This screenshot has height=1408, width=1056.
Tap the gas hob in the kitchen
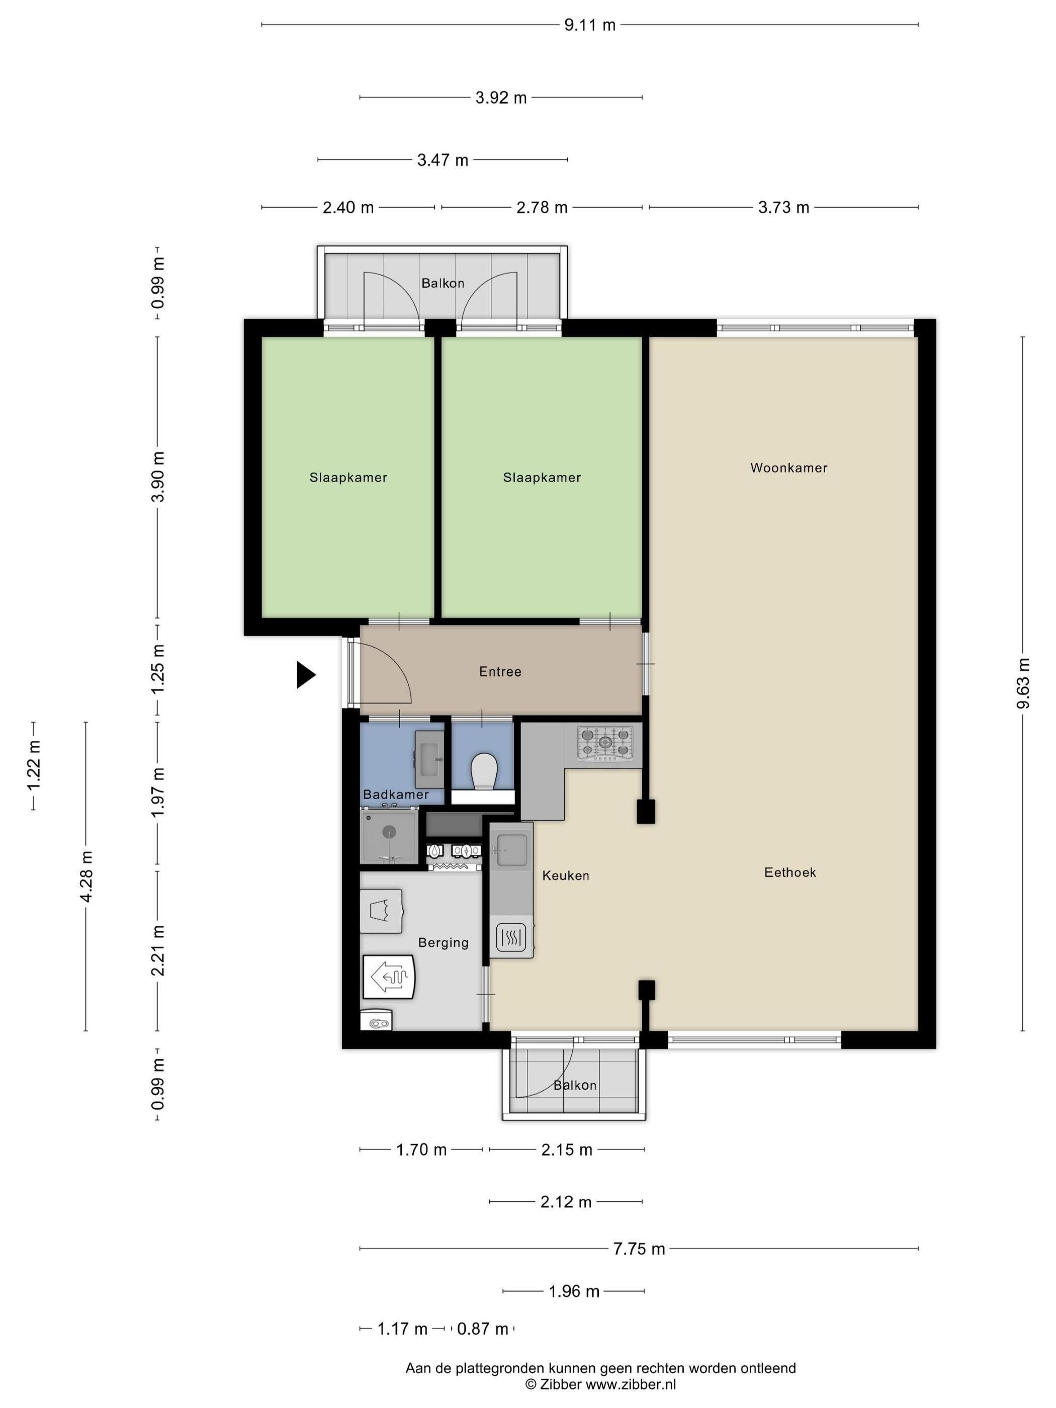coord(605,743)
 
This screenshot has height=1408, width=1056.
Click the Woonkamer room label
coord(788,468)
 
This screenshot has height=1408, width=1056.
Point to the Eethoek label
coord(790,872)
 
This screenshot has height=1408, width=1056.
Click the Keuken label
coord(565,875)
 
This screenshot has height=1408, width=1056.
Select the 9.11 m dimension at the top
coord(589,25)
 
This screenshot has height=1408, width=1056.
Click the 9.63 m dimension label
coord(1023,683)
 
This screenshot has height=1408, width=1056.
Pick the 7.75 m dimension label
coord(639,1249)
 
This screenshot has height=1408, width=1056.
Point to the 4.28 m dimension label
coord(86,876)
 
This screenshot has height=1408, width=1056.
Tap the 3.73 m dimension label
coord(783,208)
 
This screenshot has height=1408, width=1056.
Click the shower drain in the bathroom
coord(389,831)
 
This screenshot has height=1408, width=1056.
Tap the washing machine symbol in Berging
coord(381,911)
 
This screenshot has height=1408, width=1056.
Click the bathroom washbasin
coord(429,759)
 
